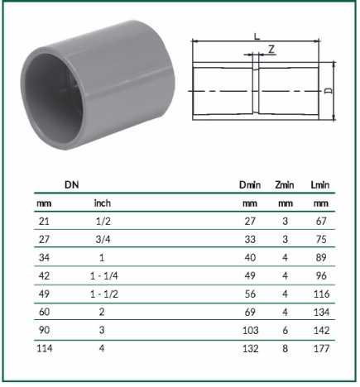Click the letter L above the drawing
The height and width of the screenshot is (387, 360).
click(x=257, y=36)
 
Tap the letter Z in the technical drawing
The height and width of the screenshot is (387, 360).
click(x=271, y=50)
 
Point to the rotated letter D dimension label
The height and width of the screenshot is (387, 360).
click(x=329, y=91)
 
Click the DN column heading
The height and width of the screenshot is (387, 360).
click(x=72, y=184)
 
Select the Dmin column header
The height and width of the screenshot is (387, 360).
click(x=250, y=184)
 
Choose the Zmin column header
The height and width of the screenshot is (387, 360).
click(x=285, y=184)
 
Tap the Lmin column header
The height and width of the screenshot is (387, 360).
click(x=320, y=184)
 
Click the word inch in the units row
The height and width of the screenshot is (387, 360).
click(x=103, y=203)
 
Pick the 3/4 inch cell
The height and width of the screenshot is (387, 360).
click(x=103, y=239)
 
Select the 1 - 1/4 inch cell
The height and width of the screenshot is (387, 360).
click(x=104, y=275)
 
